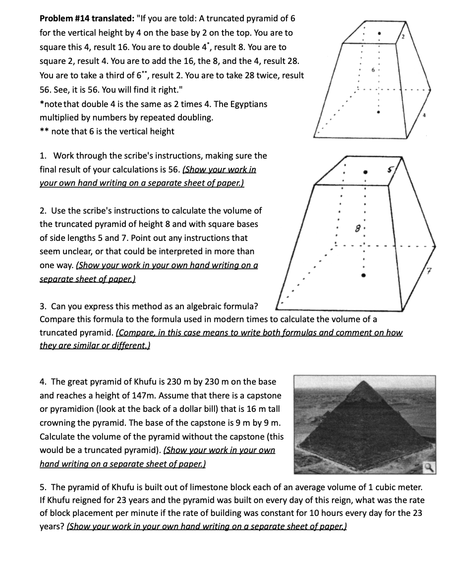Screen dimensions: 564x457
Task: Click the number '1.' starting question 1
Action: pos(43,156)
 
